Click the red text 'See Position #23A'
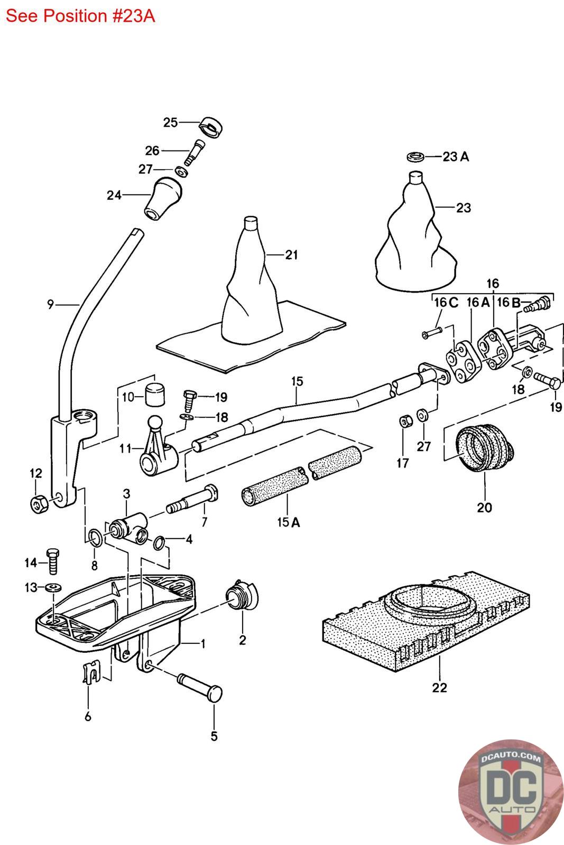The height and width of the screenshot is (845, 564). click(80, 16)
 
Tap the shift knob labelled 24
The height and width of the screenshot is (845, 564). click(161, 200)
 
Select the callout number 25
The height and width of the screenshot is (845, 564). click(170, 123)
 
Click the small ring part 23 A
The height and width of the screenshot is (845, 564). click(416, 156)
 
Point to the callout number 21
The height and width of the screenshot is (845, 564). click(291, 255)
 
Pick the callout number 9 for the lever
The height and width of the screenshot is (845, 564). click(50, 304)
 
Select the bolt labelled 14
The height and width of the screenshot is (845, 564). click(52, 562)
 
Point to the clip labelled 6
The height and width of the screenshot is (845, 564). click(90, 674)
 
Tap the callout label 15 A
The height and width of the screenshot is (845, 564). click(288, 522)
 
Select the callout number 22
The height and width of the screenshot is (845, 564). click(439, 688)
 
